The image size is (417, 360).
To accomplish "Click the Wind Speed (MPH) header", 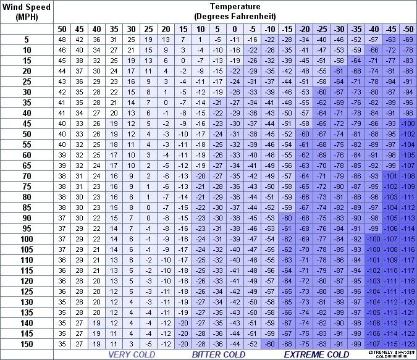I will (x=27, y=11).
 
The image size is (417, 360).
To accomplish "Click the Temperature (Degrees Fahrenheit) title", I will (x=234, y=11).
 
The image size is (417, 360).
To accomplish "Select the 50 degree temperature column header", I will (x=62, y=29).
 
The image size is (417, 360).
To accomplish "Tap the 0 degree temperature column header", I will (x=235, y=29).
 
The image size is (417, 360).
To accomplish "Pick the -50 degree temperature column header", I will (x=408, y=29).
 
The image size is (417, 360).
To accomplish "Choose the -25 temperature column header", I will (x=321, y=29).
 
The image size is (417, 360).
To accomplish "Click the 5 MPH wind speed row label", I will (x=27, y=39).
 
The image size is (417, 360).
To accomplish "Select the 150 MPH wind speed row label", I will (x=27, y=343).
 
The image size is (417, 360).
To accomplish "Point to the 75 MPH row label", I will (x=27, y=186).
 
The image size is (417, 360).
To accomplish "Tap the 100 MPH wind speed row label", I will (x=27, y=238).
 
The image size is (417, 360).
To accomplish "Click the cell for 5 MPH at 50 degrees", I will (x=62, y=39).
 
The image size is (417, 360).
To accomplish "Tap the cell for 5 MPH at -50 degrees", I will (x=408, y=39).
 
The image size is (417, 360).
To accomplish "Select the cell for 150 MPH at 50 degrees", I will (x=62, y=343).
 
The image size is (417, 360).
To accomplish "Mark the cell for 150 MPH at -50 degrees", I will (x=408, y=343).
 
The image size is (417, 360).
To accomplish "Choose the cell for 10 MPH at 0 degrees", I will (x=235, y=49).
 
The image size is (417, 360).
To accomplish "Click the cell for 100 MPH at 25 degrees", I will (x=148, y=238).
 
